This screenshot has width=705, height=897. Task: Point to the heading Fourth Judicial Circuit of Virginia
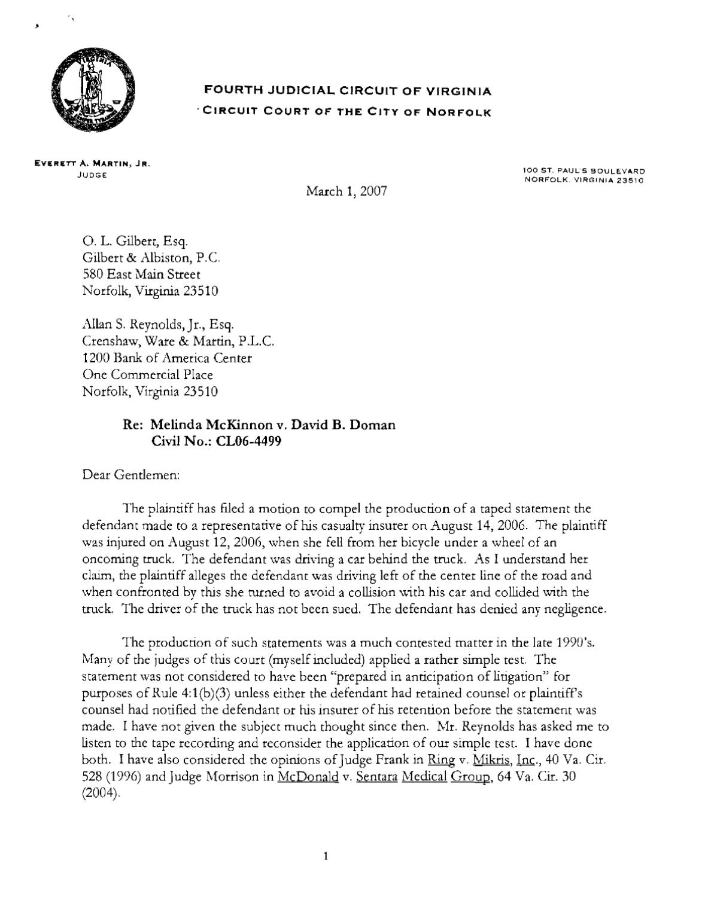coord(348,91)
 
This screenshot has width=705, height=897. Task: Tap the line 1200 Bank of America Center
coord(166,358)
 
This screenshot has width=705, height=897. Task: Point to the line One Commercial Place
coord(147,375)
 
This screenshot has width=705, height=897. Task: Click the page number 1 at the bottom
coord(326,856)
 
